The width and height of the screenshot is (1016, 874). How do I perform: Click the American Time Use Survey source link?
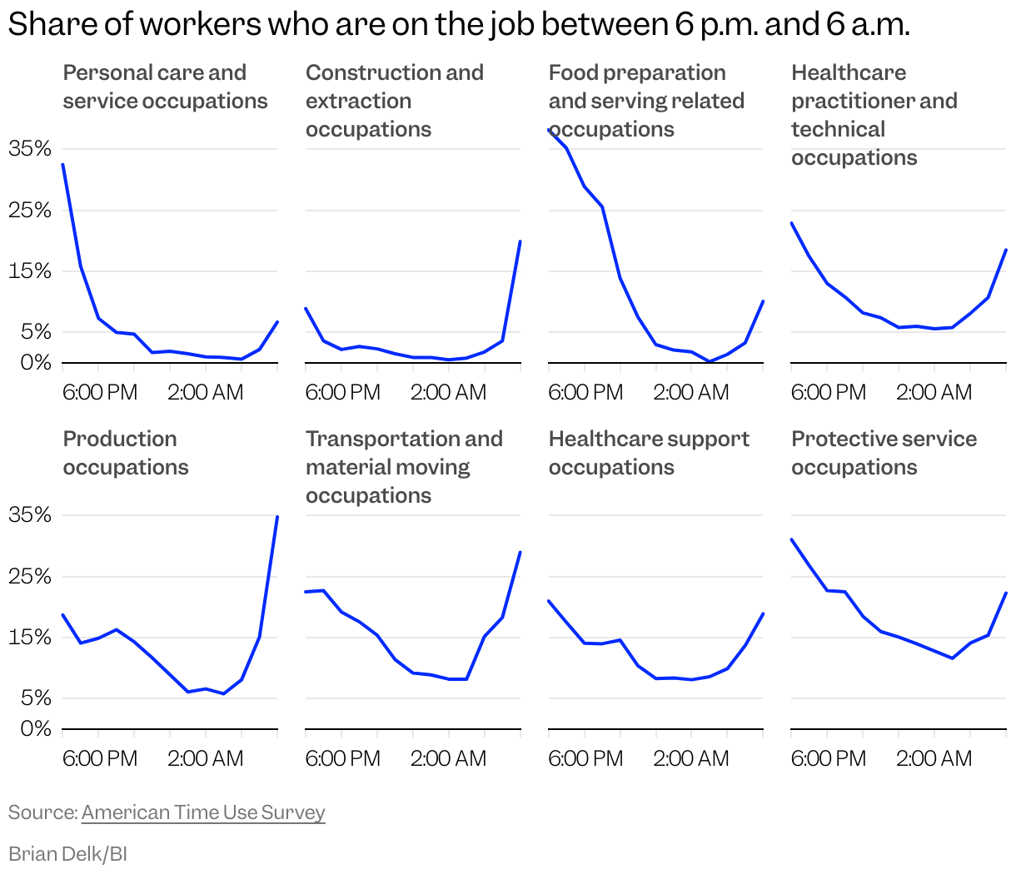click(x=203, y=812)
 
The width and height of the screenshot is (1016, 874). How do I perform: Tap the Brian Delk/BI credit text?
click(x=67, y=854)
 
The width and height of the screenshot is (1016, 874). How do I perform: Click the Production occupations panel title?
click(x=126, y=453)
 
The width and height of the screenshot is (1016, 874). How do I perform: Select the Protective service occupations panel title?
click(x=884, y=453)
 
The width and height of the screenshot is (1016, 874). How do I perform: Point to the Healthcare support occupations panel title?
click(x=649, y=453)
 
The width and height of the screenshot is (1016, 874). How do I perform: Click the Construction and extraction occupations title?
click(x=394, y=101)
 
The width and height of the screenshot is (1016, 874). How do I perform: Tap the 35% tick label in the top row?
click(x=30, y=149)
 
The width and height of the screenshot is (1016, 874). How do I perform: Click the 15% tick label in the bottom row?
click(x=30, y=638)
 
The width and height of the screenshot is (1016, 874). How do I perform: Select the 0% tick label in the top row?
click(x=36, y=363)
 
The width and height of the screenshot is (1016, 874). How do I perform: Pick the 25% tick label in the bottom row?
click(x=30, y=576)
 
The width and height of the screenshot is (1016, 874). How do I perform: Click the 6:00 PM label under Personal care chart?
click(x=100, y=392)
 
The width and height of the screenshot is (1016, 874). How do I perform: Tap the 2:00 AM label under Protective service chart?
click(x=934, y=758)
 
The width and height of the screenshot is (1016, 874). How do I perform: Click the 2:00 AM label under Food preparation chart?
click(x=690, y=392)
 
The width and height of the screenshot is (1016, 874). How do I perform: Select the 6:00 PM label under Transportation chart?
click(x=342, y=758)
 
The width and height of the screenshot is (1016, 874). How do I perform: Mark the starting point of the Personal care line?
click(x=63, y=165)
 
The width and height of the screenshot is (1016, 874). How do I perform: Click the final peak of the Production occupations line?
click(x=277, y=517)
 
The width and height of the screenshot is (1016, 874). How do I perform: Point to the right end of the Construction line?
click(x=520, y=241)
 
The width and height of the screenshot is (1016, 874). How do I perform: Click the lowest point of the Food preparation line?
click(x=710, y=361)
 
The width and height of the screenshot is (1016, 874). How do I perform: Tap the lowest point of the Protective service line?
click(x=952, y=658)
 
